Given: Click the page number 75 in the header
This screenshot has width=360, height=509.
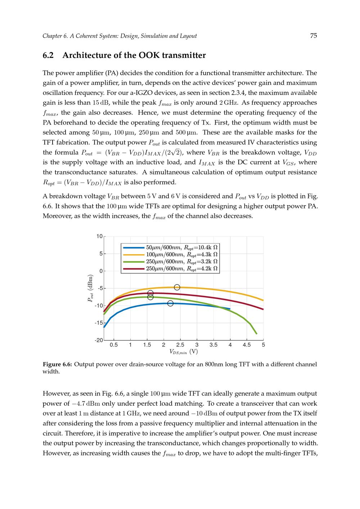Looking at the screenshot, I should tap(313, 36).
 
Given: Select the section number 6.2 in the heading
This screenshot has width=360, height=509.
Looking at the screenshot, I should tap(48, 55).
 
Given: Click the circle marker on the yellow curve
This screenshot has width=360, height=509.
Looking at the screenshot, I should tap(177, 287).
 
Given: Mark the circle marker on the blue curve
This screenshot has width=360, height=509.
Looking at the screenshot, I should tap(170, 303).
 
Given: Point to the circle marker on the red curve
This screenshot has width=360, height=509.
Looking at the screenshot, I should tap(150, 293).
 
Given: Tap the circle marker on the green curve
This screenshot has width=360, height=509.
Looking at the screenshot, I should tap(150, 297).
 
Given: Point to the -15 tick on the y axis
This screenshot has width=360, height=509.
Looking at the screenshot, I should tap(99, 323).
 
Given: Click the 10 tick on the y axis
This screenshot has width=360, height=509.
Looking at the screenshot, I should tap(99, 237).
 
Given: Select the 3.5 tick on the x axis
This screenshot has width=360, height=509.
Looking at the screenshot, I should tap(213, 345).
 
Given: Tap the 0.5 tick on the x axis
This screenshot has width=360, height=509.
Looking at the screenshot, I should tap(114, 345).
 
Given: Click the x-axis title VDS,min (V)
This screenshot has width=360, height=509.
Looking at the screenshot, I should tap(184, 352).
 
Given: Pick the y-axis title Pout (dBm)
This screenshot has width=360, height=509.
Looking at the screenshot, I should tap(90, 288).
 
